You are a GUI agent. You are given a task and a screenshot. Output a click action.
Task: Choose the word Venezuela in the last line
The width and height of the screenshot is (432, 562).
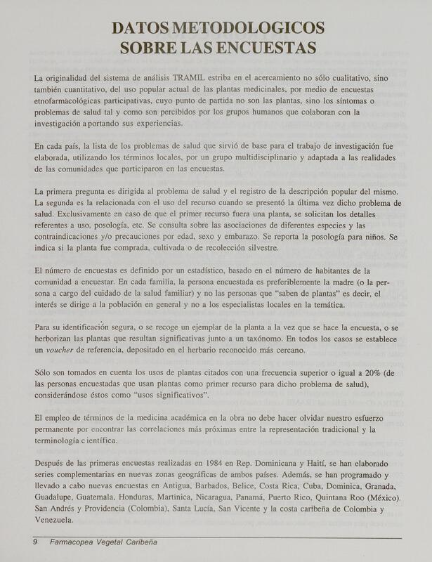click(x=57, y=521)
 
